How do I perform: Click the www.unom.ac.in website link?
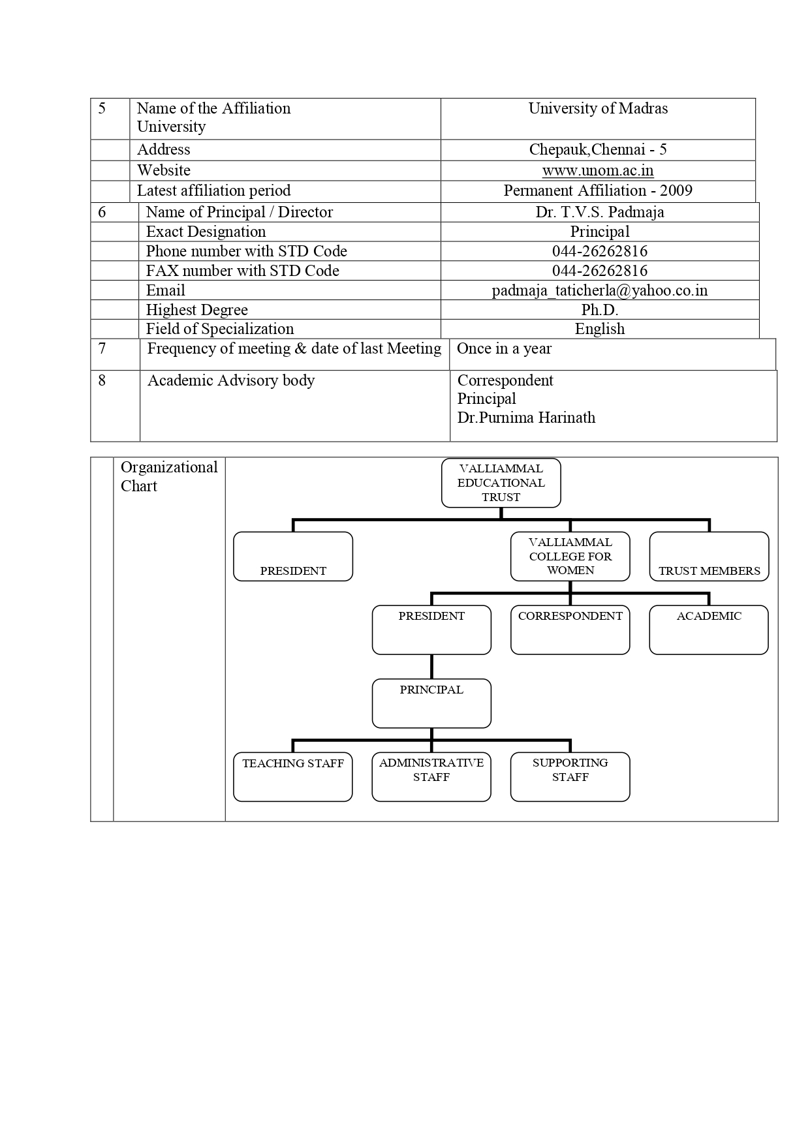598,170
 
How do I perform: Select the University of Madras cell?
598,119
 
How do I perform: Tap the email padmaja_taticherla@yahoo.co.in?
600,290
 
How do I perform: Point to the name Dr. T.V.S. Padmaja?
600,212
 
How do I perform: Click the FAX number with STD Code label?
242,271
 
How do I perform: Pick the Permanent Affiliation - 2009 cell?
598,191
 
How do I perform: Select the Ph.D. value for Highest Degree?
600,310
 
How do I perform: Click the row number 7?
102,348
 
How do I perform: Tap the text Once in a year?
504,349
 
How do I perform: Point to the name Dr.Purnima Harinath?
526,418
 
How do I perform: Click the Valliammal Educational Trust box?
501,483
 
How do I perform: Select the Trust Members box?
709,557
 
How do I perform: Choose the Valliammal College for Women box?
570,557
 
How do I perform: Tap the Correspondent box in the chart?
570,630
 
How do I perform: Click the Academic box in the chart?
709,630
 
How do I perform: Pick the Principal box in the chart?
431,703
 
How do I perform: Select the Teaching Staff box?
293,777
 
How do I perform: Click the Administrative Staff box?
431,777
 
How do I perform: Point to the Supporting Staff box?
570,777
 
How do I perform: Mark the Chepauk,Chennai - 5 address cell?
598,150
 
